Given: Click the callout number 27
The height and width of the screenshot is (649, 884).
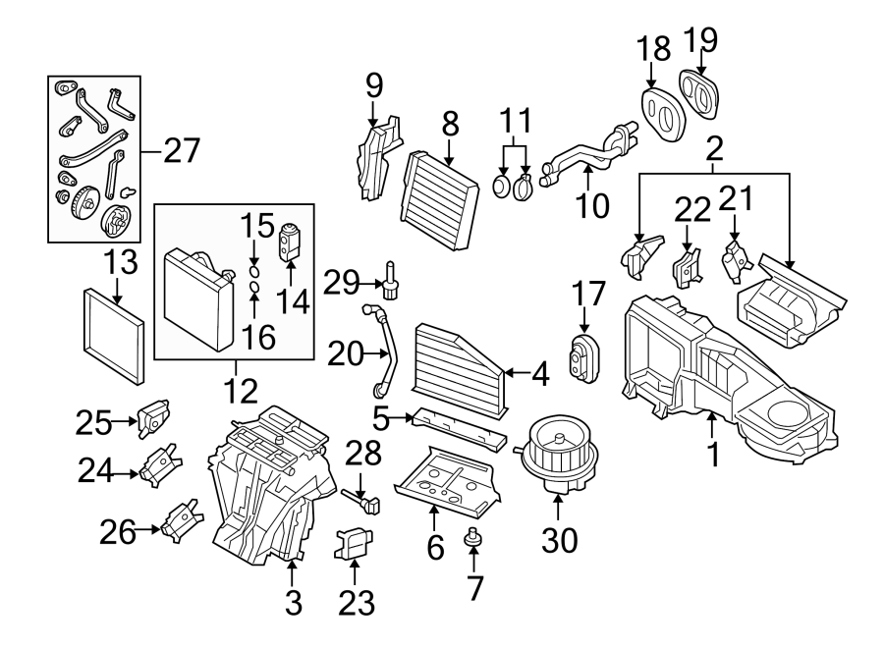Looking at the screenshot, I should (x=181, y=151).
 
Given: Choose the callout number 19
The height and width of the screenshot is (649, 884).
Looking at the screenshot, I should (x=702, y=40).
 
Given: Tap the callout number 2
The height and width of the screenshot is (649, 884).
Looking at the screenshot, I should (x=714, y=149).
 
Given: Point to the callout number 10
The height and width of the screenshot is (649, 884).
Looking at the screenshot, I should (x=594, y=205).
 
